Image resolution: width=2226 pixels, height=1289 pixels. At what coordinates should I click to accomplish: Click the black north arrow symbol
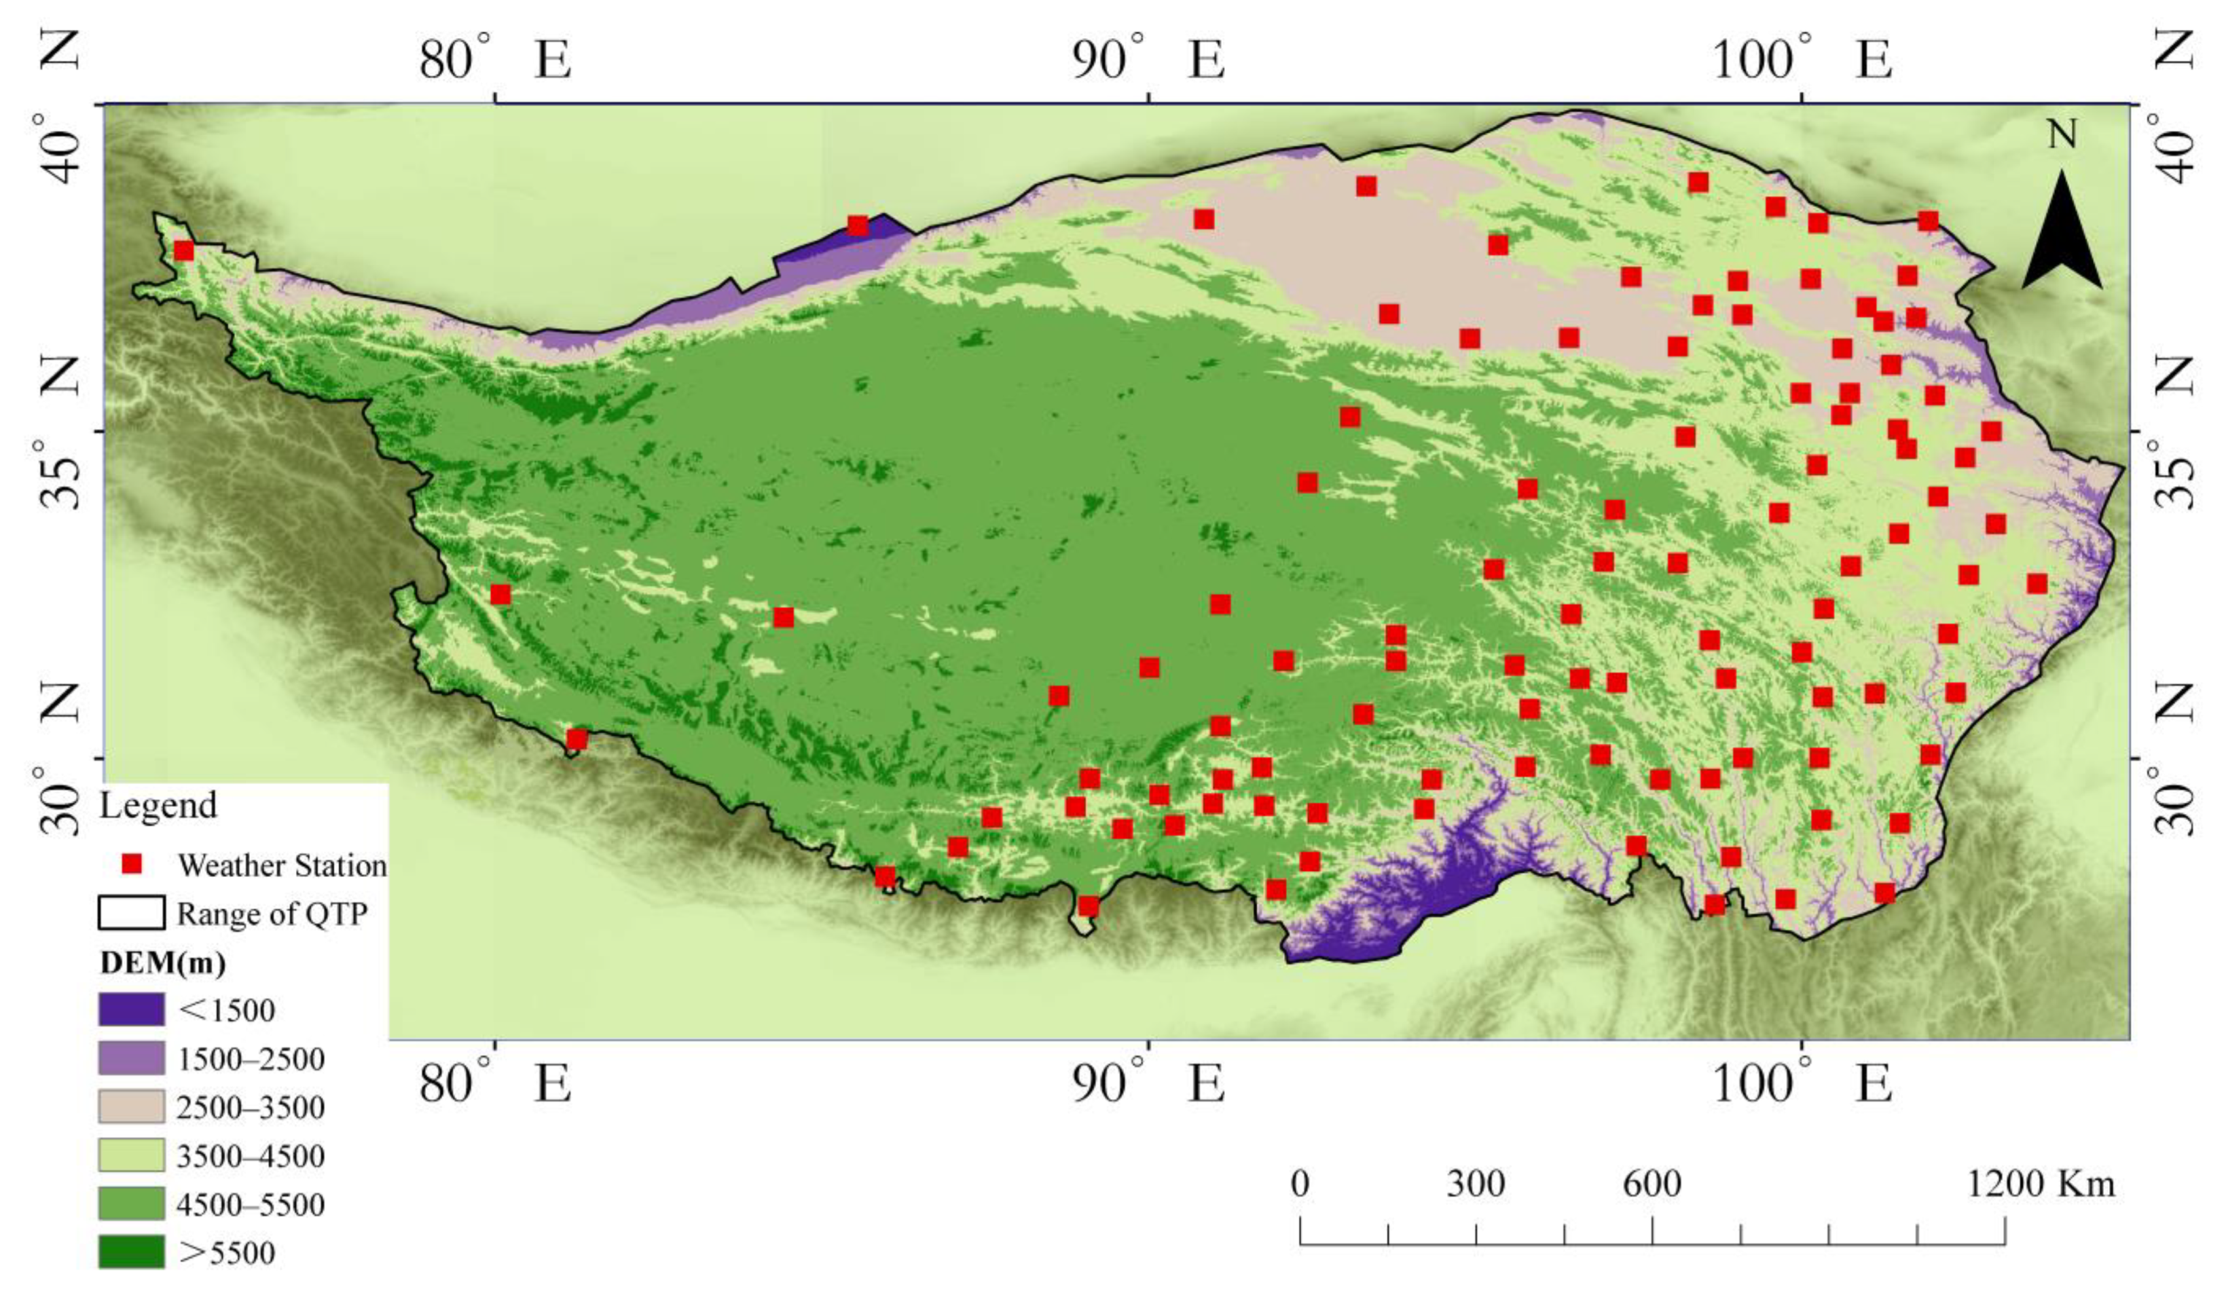2062,231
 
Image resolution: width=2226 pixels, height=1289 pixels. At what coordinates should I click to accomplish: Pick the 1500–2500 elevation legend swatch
131,1058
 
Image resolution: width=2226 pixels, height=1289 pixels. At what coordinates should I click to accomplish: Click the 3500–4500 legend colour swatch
131,1155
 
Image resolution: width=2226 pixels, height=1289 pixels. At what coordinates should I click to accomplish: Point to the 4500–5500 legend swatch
131,1203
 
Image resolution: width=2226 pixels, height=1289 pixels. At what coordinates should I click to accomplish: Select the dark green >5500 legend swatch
131,1252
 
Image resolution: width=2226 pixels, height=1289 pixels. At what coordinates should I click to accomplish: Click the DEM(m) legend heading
162,963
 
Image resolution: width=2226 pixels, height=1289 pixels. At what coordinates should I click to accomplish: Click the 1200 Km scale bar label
2041,1184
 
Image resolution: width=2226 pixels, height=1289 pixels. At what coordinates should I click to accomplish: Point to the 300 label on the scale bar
1475,1184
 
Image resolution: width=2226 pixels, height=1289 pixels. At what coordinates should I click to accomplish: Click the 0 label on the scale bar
1299,1184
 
